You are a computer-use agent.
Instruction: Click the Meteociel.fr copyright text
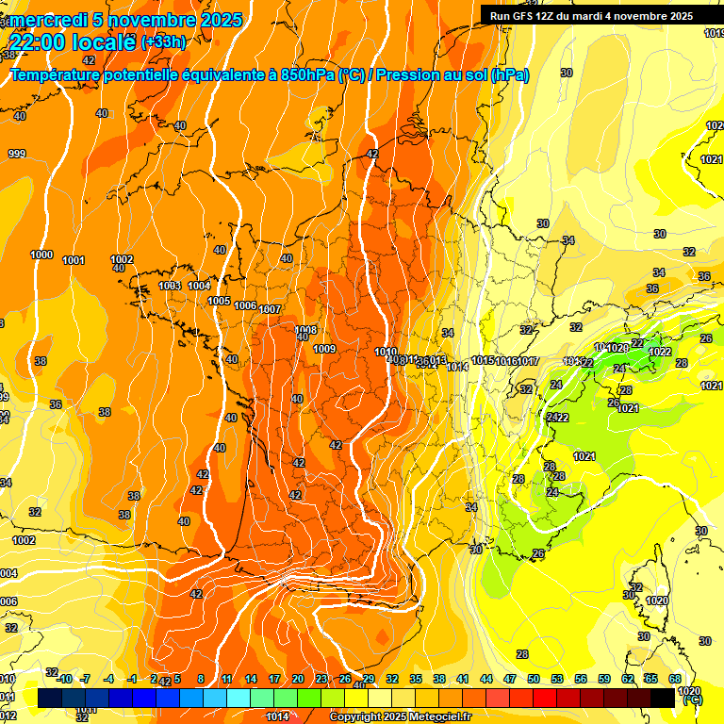(x=401, y=717)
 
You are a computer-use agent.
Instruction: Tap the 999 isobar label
(x=16, y=154)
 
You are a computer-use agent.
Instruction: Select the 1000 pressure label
(x=41, y=255)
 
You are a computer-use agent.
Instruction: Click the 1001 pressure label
(x=74, y=260)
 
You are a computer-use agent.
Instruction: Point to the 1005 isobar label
(x=219, y=301)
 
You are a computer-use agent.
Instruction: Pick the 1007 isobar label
(x=271, y=309)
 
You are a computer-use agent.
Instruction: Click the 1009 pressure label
(x=324, y=349)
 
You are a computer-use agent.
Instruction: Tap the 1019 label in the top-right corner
(x=714, y=33)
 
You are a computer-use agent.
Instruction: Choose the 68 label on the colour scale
(x=675, y=679)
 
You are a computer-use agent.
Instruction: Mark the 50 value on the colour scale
(x=534, y=679)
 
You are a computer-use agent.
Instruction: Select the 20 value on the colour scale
(x=298, y=679)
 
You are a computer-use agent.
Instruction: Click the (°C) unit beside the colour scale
(x=693, y=699)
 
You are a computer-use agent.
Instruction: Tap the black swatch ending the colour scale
(x=663, y=698)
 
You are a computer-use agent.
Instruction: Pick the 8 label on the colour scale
(x=202, y=679)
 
